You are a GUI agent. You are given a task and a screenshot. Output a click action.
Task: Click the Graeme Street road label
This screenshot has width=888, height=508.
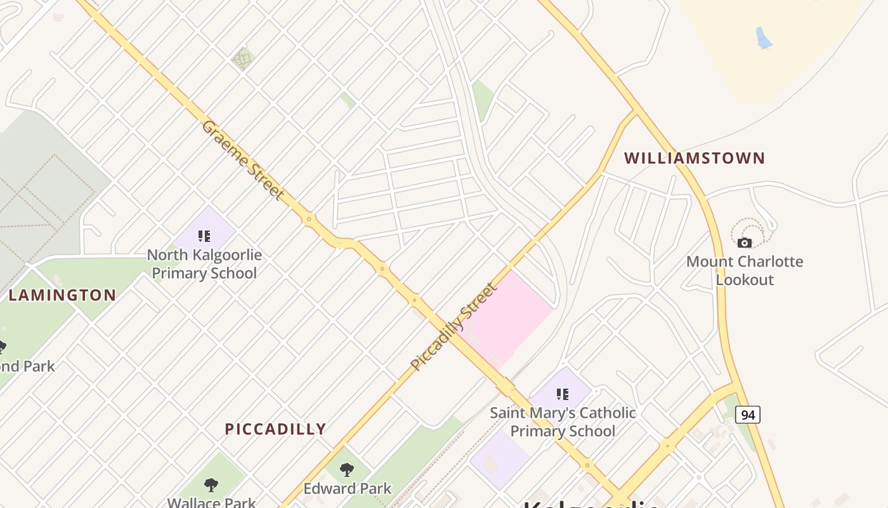tap(242, 159)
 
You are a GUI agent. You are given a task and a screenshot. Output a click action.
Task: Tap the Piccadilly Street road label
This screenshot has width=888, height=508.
tap(454, 326)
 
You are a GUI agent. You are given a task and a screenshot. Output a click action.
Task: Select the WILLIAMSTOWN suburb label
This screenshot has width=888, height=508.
tap(695, 158)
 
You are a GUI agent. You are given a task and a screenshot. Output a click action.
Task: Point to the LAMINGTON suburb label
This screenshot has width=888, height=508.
tap(62, 295)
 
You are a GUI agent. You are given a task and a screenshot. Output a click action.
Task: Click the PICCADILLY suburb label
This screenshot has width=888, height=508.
tap(275, 429)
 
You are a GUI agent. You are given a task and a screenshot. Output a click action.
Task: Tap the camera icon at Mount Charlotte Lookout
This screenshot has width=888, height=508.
tap(745, 243)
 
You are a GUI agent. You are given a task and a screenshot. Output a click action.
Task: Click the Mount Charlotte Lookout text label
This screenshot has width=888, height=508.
tap(745, 271)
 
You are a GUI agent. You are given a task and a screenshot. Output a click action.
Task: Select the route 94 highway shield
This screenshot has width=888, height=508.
tap(748, 415)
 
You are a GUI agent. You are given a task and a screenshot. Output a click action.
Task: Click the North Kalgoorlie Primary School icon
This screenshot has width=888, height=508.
tap(204, 236)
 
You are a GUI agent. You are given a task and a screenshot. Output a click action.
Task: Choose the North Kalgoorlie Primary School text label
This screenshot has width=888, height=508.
tap(204, 264)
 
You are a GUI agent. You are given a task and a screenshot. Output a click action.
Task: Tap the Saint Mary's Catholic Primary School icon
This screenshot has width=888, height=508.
tap(562, 394)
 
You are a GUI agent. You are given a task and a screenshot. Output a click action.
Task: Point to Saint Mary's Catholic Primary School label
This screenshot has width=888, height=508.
tap(563, 422)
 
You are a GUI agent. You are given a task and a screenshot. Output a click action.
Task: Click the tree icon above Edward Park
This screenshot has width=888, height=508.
tap(347, 470)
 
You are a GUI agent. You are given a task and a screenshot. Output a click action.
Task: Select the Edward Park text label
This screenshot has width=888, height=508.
tap(347, 488)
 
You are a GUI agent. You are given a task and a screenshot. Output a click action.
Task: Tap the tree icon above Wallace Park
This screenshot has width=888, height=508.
tap(211, 485)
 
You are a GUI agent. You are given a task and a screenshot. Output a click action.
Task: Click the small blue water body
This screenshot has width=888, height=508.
tap(764, 38)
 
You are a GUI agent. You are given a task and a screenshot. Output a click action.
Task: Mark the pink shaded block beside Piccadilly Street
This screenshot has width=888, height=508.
tap(514, 314)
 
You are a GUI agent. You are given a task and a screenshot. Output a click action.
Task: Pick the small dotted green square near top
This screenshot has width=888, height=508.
tap(242, 58)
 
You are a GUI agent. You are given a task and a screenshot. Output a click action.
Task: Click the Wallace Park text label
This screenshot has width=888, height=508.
tap(211, 502)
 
